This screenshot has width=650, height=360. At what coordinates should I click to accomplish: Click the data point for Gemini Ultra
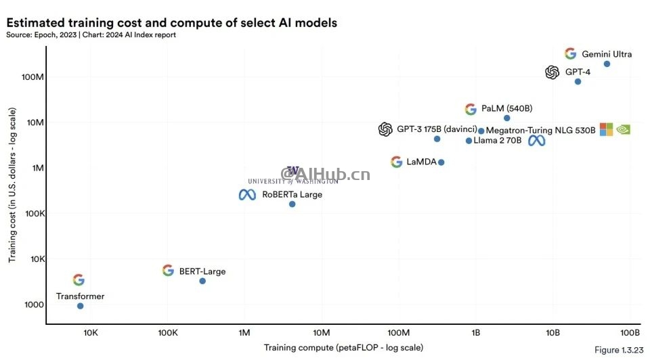pos(607,64)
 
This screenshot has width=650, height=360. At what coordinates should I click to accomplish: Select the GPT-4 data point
pos(578,81)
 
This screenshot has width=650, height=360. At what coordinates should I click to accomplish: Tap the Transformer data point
pos(81,306)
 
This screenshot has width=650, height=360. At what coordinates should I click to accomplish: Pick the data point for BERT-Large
pos(202,281)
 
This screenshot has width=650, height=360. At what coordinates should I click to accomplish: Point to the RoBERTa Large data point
pos(292,204)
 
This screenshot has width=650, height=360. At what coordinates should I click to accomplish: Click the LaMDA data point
pos(441,162)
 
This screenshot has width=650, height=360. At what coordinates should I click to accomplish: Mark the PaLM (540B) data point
pos(506,118)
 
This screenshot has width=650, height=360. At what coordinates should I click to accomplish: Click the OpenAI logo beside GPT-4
pos(552,72)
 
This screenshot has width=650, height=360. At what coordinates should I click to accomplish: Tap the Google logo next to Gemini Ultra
pos(570,54)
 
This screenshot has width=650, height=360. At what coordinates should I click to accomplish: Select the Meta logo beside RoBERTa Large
pos(247,195)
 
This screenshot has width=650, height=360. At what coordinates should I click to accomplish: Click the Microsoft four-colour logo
pos(606,129)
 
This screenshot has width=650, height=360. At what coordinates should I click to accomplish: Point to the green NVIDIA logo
pos(624,129)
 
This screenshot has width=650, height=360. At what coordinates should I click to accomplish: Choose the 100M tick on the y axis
pos(33,77)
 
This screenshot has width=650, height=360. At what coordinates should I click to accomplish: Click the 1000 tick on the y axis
pos(34,305)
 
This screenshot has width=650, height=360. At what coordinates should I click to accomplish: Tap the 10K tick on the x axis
pos(90,333)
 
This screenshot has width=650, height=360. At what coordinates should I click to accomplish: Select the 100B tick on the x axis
pos(630,333)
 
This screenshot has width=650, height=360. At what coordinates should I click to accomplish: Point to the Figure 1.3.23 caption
pos(616,350)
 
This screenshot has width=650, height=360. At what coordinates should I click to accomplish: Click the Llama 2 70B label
pos(498,141)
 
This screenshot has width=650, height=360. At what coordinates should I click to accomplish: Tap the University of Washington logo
pos(292,175)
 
